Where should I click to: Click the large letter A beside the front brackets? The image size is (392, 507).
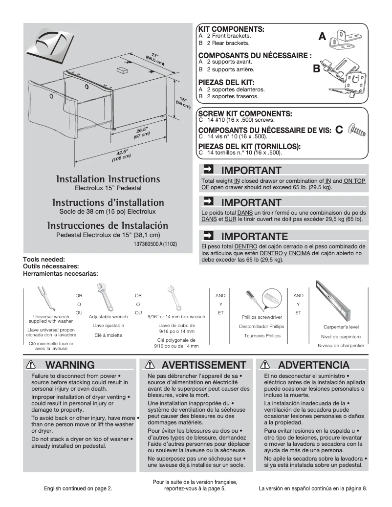[322, 37]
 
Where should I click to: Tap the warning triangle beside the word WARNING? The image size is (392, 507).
[32, 365]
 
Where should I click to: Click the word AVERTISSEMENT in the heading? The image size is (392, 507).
[204, 365]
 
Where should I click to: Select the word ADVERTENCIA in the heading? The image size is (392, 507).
[313, 365]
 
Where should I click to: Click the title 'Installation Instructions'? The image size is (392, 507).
[108, 179]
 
